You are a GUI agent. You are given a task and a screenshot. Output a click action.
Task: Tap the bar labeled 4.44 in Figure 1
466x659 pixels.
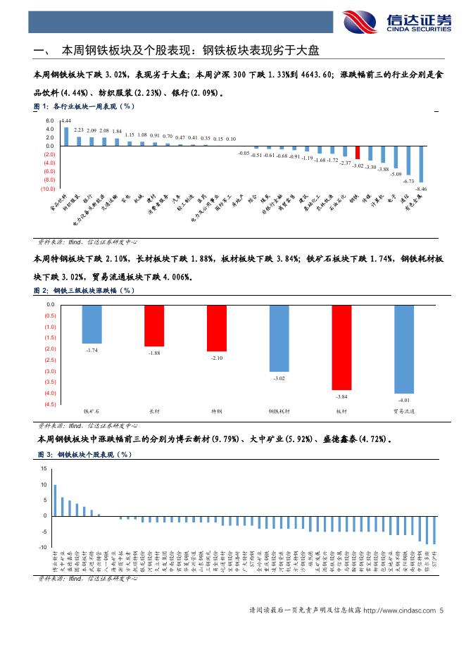(x=66, y=136)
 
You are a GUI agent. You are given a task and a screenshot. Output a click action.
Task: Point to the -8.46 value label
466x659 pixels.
(x=422, y=189)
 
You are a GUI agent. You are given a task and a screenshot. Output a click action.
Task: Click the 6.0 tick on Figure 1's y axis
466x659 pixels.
(x=49, y=121)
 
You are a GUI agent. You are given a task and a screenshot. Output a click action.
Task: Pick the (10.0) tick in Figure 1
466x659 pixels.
(x=48, y=188)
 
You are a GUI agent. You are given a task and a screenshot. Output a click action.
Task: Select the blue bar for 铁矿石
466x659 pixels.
(x=92, y=324)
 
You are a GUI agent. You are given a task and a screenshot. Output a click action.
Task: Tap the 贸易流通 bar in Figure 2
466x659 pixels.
(x=404, y=349)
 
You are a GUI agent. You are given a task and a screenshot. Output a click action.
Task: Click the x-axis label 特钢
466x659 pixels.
(x=217, y=410)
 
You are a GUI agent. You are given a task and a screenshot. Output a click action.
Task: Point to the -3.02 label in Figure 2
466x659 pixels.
(x=279, y=379)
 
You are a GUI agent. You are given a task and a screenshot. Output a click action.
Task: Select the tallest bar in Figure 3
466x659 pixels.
(x=56, y=501)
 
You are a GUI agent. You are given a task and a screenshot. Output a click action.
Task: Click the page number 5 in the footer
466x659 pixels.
(x=441, y=610)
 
